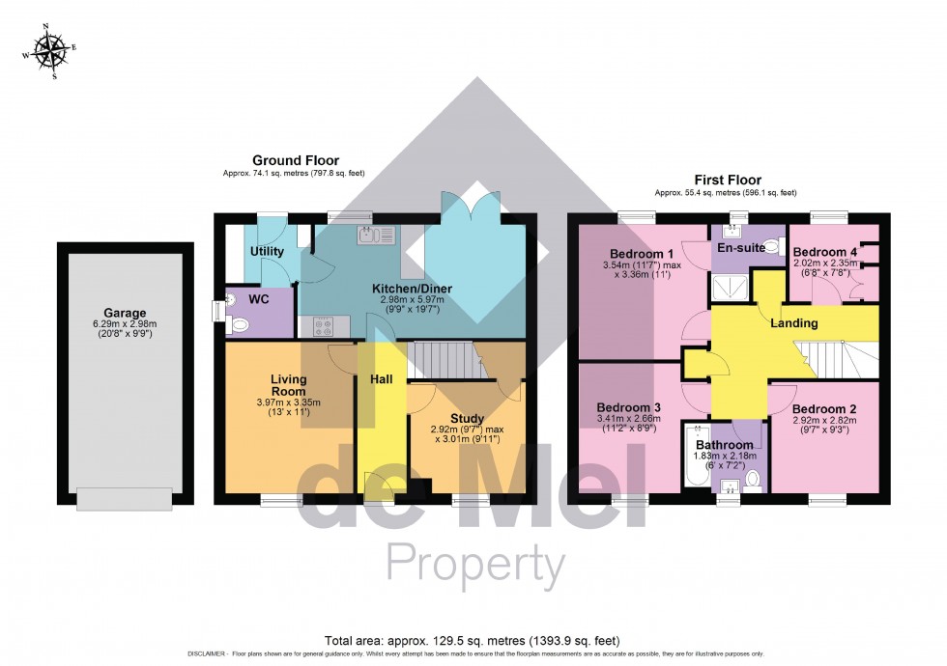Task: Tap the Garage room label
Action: pos(126,313)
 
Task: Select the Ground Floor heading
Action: pos(296,160)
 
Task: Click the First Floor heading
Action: pos(727,180)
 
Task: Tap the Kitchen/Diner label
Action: pos(413,289)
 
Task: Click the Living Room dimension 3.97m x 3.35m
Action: pos(288,402)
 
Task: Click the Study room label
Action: pos(467,418)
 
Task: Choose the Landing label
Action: pos(794,323)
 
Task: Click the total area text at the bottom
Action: pos(473,640)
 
